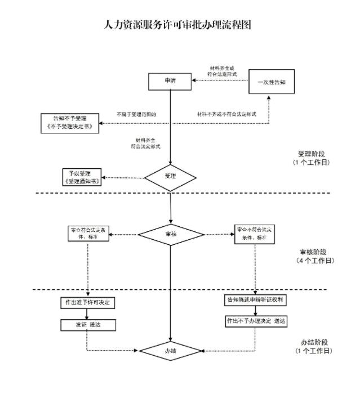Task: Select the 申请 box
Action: tap(170, 81)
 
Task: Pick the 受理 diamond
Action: tap(170, 177)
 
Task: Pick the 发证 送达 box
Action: tap(87, 325)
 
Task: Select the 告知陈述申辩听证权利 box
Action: tap(256, 300)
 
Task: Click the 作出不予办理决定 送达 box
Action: tap(256, 320)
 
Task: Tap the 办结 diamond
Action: tap(170, 351)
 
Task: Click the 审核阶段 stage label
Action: tap(314, 253)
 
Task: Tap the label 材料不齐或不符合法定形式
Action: tap(226, 114)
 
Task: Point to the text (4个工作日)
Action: tap(314, 261)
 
